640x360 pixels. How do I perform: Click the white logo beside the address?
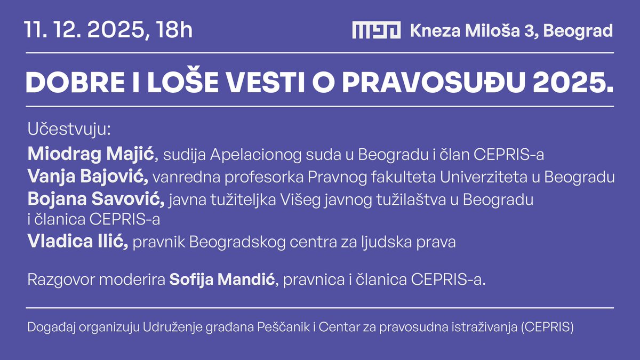coord(376,30)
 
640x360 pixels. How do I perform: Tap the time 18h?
coord(174,30)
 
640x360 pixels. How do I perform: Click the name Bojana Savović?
coord(95,200)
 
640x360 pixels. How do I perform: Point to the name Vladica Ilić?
coord(78,243)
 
